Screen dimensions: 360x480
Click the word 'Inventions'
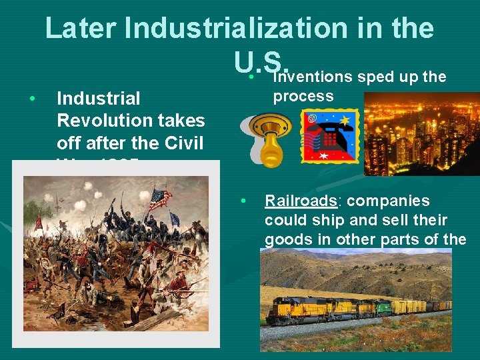point(313,77)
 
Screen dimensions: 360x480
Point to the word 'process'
point(303,96)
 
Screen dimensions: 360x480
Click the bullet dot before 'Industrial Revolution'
point(32,99)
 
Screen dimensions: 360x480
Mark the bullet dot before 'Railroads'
point(245,201)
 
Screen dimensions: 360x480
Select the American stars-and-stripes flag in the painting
point(160,198)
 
